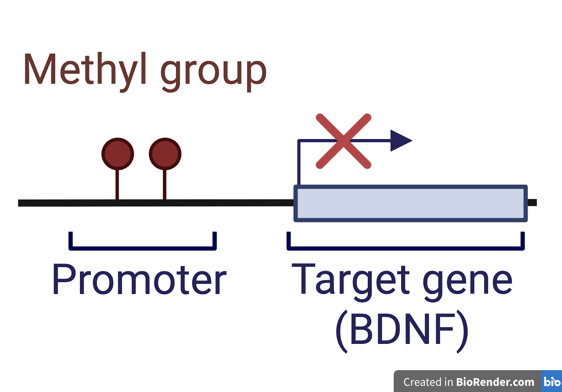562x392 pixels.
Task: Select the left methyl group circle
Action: pyautogui.click(x=118, y=154)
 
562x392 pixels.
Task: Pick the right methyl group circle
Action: pyautogui.click(x=165, y=154)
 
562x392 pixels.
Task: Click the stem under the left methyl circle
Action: pyautogui.click(x=117, y=184)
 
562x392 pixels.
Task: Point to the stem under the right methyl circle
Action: pyautogui.click(x=165, y=184)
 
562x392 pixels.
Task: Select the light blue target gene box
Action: pyautogui.click(x=410, y=203)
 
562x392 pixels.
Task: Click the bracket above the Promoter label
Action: pyautogui.click(x=143, y=248)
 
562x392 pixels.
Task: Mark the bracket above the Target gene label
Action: pyautogui.click(x=405, y=248)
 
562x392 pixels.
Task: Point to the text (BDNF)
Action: pyautogui.click(x=402, y=330)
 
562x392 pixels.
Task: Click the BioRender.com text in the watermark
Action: pyautogui.click(x=495, y=382)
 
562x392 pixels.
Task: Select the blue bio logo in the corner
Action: pyautogui.click(x=552, y=381)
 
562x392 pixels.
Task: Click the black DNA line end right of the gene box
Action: pyautogui.click(x=532, y=203)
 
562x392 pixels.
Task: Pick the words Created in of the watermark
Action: pyautogui.click(x=428, y=382)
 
